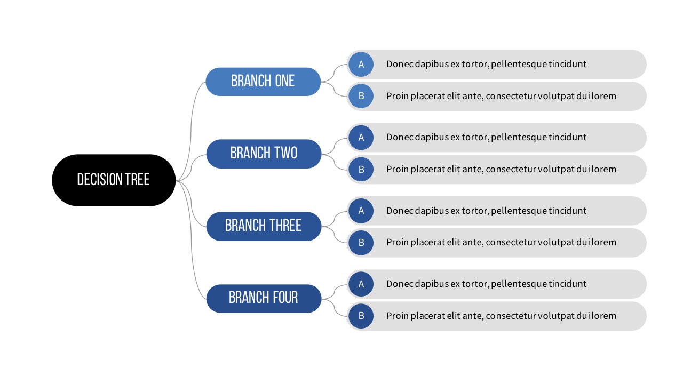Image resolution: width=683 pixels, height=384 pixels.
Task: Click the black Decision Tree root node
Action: coord(114,180)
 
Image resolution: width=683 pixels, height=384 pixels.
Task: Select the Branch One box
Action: coord(263,82)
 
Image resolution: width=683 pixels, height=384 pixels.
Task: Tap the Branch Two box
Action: coord(264,154)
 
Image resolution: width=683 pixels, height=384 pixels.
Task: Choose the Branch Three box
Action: coord(264,227)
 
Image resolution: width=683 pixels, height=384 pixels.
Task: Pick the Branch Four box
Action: coord(264,299)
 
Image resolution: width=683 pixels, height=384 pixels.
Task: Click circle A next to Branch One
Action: coord(361,65)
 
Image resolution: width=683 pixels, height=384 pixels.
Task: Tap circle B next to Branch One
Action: coord(361,96)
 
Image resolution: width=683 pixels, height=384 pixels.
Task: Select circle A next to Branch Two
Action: coord(361,138)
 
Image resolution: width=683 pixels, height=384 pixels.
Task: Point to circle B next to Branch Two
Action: coord(361,169)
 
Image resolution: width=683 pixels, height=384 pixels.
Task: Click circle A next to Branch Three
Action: coord(361,211)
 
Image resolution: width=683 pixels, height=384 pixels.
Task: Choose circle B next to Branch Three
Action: coord(361,243)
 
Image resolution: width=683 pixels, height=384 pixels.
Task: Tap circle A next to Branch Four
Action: coord(361,284)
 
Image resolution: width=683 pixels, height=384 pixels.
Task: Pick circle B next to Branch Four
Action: coord(361,316)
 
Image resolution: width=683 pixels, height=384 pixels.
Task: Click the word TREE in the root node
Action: coord(137,180)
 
